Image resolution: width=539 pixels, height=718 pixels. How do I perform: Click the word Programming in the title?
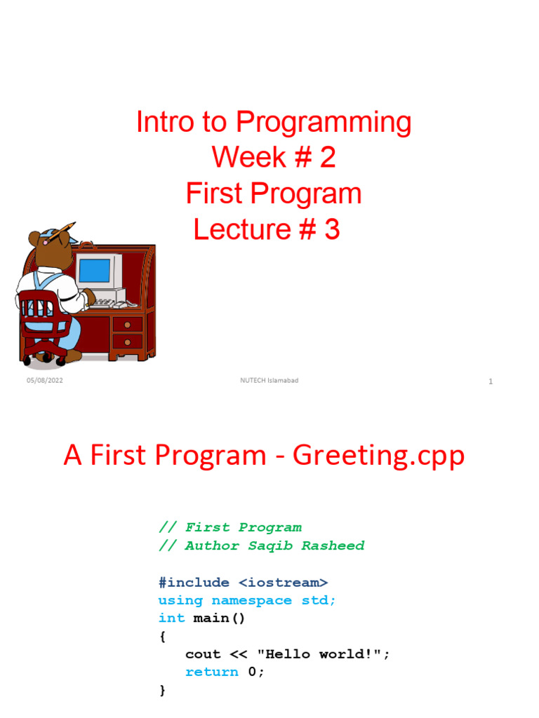[x=324, y=123]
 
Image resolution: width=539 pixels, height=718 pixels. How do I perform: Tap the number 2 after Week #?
[x=326, y=158]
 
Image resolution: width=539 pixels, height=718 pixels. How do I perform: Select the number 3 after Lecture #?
[x=332, y=229]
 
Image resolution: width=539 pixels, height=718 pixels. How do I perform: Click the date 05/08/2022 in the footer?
[x=45, y=381]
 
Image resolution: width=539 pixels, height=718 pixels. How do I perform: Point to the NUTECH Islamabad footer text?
[x=269, y=381]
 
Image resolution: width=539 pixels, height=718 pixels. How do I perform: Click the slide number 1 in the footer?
[x=491, y=381]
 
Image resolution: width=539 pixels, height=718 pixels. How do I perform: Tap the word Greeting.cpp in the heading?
[x=378, y=456]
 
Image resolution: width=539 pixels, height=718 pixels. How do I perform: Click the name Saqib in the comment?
[x=271, y=546]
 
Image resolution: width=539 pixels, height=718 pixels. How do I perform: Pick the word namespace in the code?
[x=251, y=600]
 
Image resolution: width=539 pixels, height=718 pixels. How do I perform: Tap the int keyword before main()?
[x=171, y=618]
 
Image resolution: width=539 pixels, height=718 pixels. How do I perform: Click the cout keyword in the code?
[x=203, y=653]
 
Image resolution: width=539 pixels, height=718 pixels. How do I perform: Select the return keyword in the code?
[x=211, y=672]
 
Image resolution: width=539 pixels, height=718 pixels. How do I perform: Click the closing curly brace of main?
[x=163, y=690]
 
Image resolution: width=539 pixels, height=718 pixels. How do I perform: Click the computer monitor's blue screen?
[x=94, y=271]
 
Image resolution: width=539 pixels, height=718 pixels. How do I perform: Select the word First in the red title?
[x=210, y=194]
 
